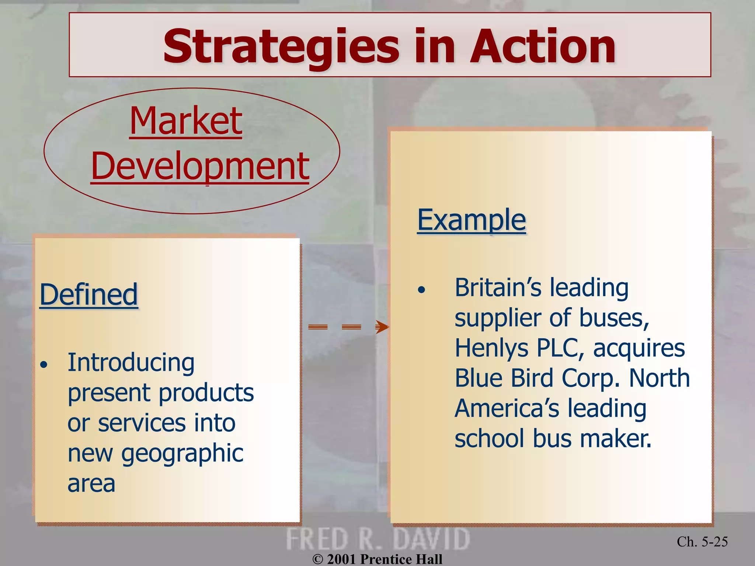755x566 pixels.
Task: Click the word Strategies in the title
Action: point(281,47)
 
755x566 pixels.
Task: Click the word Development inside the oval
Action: point(200,166)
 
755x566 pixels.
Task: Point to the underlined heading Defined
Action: point(88,294)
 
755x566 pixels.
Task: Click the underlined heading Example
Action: point(472,220)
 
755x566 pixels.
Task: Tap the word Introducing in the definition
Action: point(131,363)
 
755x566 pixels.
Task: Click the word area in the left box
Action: point(91,483)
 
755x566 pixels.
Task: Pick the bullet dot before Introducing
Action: point(44,365)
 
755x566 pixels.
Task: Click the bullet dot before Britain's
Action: point(421,290)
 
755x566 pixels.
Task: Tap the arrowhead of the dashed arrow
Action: point(382,327)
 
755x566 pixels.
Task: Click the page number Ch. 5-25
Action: point(702,542)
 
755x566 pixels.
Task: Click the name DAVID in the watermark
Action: point(431,539)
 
